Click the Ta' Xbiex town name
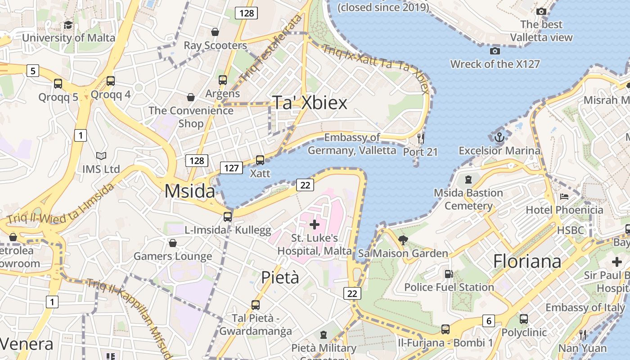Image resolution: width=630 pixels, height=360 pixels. tap(310, 103)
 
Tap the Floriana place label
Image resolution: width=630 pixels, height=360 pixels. tap(527, 261)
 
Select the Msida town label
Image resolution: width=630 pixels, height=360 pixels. tap(189, 191)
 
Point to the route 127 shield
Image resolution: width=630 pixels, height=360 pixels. tap(231, 168)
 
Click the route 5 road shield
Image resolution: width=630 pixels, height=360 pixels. tap(32, 71)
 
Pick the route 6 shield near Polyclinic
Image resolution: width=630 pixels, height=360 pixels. tap(489, 320)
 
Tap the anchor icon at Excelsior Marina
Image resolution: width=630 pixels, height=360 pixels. tap(499, 137)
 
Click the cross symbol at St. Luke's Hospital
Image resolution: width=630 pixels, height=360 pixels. tap(315, 224)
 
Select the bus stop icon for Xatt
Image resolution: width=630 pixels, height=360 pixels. tap(260, 160)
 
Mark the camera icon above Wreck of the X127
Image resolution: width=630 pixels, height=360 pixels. tap(495, 51)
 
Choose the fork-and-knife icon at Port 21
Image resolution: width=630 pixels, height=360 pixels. tap(421, 138)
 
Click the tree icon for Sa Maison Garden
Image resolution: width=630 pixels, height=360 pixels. tap(403, 240)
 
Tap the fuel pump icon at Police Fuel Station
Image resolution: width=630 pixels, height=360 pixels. tap(449, 274)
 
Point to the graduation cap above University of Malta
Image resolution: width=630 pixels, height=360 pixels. tap(68, 25)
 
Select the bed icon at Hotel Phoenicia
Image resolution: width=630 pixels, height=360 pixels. tap(564, 197)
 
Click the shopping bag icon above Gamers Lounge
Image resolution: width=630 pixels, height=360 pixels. tap(172, 243)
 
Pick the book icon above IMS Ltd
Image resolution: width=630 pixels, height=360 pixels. tap(101, 156)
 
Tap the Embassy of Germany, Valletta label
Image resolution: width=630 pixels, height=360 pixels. tap(352, 144)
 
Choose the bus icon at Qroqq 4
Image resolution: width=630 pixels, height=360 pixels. tap(111, 81)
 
